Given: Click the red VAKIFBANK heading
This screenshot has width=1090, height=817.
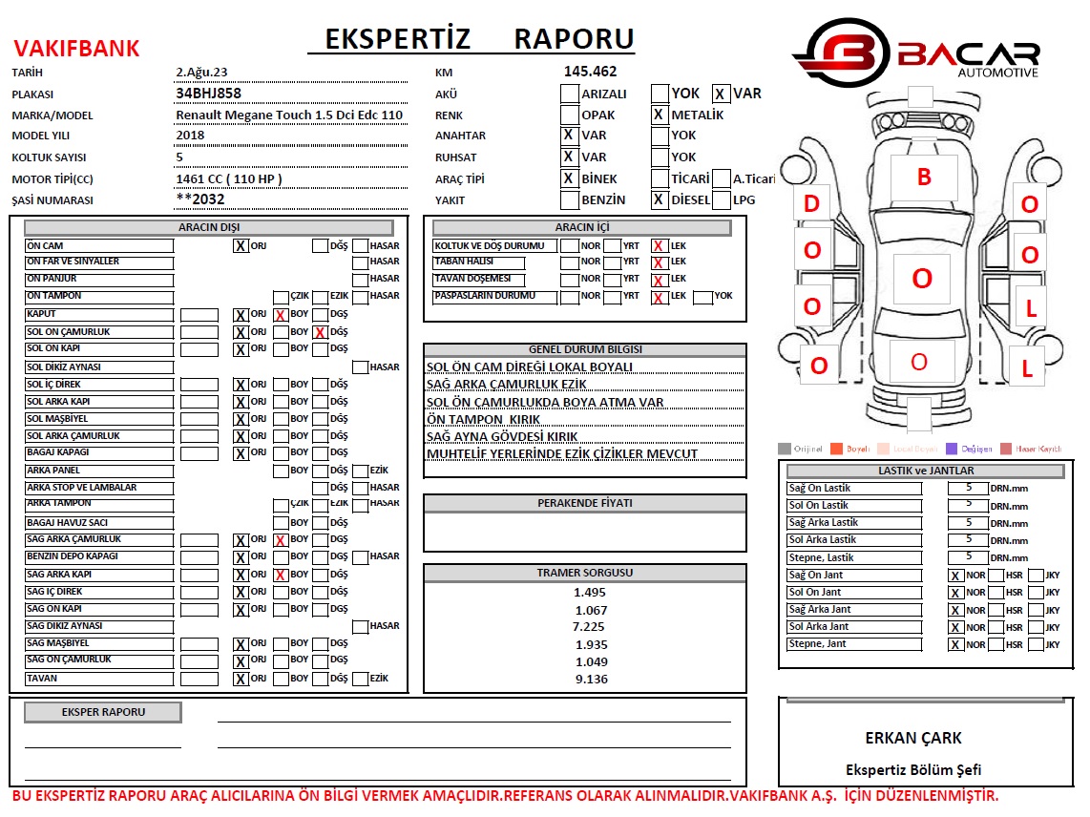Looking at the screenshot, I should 76,49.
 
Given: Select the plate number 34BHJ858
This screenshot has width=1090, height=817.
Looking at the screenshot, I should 208,94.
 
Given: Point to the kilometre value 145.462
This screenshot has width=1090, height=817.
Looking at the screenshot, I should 590,71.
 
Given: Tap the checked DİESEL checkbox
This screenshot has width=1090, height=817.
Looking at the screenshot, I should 659,200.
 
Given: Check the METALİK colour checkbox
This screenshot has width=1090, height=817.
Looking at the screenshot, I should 659,115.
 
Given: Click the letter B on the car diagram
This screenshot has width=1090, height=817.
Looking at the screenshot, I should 923,177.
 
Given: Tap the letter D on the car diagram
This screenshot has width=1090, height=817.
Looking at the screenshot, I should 811,203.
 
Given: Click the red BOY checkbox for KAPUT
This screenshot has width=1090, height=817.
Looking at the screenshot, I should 281,315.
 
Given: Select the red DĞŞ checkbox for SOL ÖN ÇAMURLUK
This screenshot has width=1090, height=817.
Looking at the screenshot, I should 321,332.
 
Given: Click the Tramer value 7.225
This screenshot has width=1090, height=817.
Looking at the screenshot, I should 588,626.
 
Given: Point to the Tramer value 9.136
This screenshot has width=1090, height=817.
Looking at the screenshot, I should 591,679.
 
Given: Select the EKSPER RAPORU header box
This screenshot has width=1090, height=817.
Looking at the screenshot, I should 103,712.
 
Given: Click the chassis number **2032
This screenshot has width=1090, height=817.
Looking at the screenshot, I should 200,199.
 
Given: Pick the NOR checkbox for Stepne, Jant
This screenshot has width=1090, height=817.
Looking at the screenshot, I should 955,644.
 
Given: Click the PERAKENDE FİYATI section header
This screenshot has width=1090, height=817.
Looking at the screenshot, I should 584,502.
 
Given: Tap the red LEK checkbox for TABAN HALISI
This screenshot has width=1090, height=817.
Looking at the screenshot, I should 659,262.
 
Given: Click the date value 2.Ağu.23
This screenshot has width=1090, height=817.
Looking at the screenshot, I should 201,72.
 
